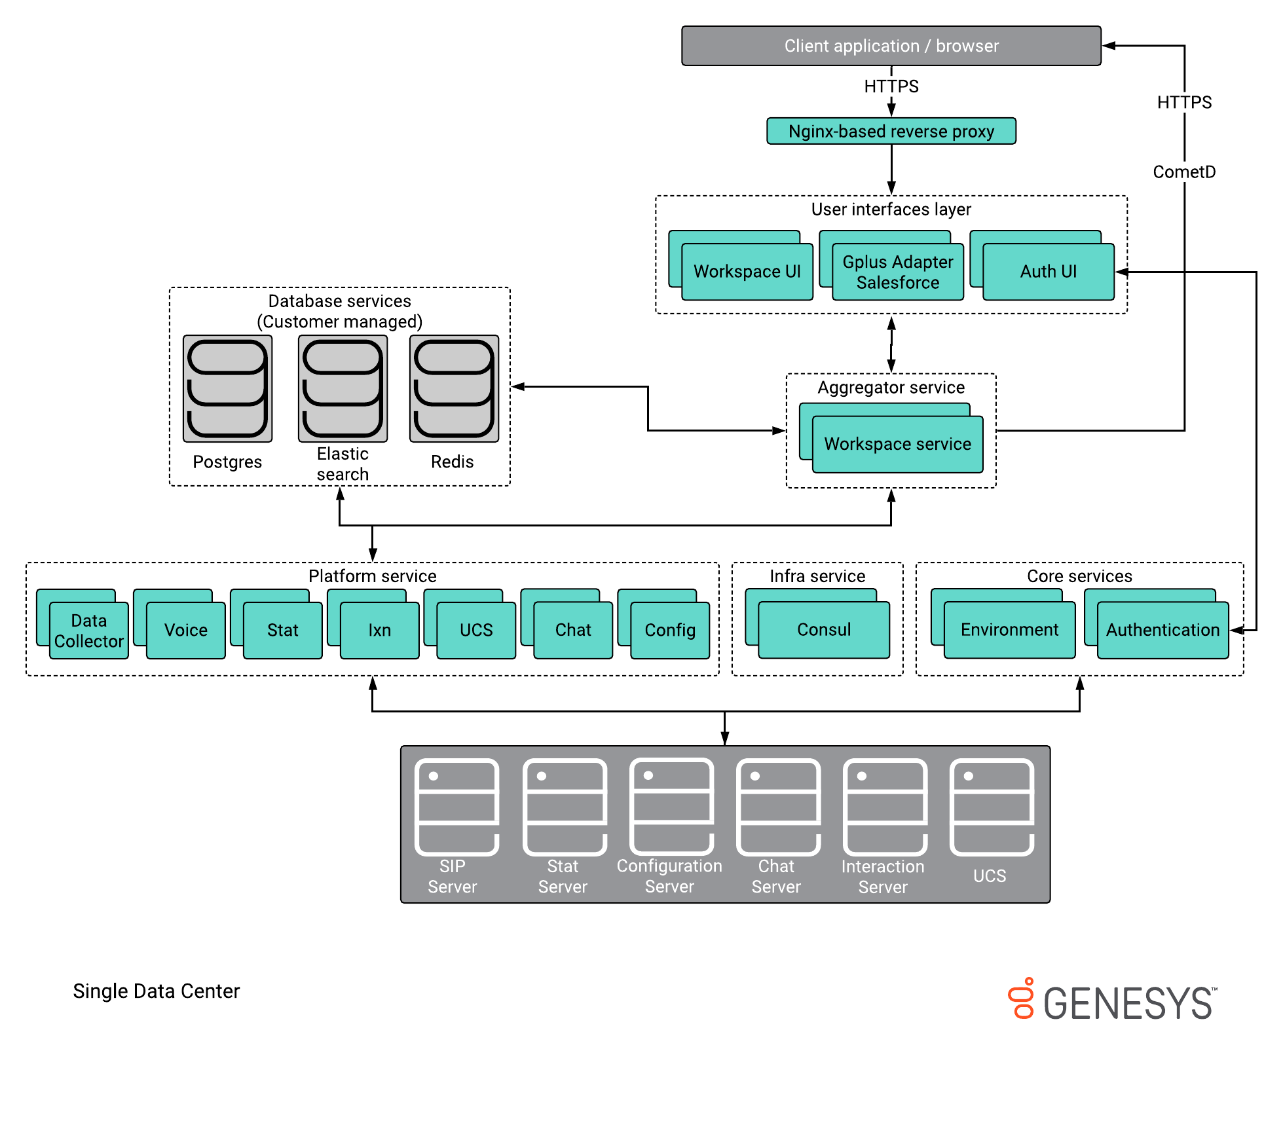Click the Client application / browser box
(891, 46)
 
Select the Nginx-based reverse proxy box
(891, 131)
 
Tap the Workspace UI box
(747, 271)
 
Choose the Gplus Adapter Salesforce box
(897, 272)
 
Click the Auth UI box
(1048, 271)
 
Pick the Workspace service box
(897, 444)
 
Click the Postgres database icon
(227, 389)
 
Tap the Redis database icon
(454, 389)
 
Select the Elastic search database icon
(343, 389)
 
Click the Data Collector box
(88, 630)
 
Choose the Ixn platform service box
(379, 630)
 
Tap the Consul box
(823, 629)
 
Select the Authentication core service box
(1162, 629)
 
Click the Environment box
(1009, 629)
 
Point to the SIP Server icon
(456, 807)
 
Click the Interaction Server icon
(884, 807)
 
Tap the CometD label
(1184, 172)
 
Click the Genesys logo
(1112, 1001)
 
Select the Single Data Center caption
(156, 991)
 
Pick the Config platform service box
(669, 630)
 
